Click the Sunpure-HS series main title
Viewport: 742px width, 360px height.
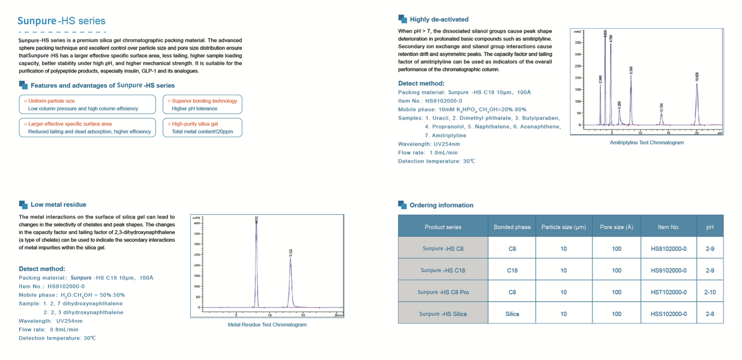pyautogui.click(x=61, y=21)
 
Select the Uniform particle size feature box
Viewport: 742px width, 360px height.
pyautogui.click(x=87, y=104)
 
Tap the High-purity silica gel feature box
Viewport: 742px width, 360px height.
pyautogui.click(x=202, y=127)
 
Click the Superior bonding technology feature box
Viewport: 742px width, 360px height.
pyautogui.click(x=202, y=104)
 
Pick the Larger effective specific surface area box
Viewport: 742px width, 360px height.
pyautogui.click(x=87, y=127)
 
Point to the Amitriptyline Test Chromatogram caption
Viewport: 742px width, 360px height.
pyautogui.click(x=647, y=143)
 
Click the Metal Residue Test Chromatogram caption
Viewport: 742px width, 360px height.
pyautogui.click(x=267, y=324)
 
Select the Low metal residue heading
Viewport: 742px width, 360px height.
pyautogui.click(x=58, y=205)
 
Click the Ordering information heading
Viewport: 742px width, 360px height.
pyautogui.click(x=441, y=205)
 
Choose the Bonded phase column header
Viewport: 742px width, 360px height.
pyautogui.click(x=512, y=227)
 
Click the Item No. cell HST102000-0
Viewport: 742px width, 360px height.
pyautogui.click(x=668, y=292)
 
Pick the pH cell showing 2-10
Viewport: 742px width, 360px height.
pyautogui.click(x=710, y=292)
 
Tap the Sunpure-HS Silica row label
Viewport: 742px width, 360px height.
pyautogui.click(x=443, y=314)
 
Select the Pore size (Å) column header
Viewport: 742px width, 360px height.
pyautogui.click(x=616, y=227)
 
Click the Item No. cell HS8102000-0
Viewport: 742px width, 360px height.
pyautogui.click(x=668, y=249)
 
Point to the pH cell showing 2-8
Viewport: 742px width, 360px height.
pyautogui.click(x=710, y=314)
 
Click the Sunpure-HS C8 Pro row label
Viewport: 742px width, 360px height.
pyautogui.click(x=443, y=292)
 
